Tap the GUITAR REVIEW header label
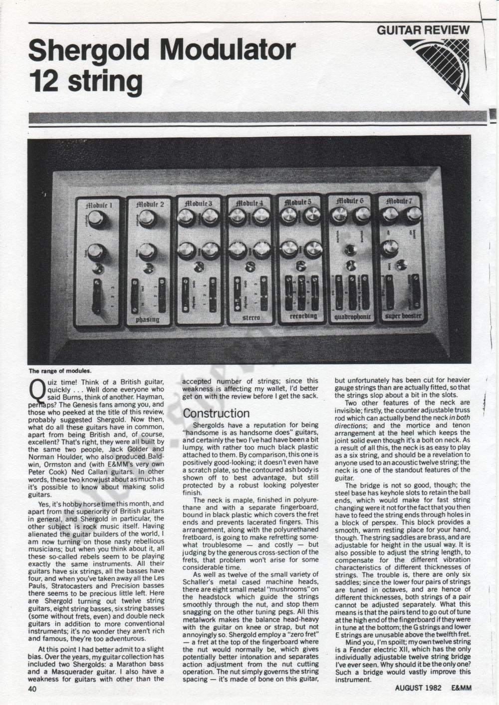[x=423, y=30]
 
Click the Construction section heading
[x=216, y=414]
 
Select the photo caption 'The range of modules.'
[x=60, y=371]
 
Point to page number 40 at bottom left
[x=33, y=689]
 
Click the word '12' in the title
[x=43, y=80]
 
